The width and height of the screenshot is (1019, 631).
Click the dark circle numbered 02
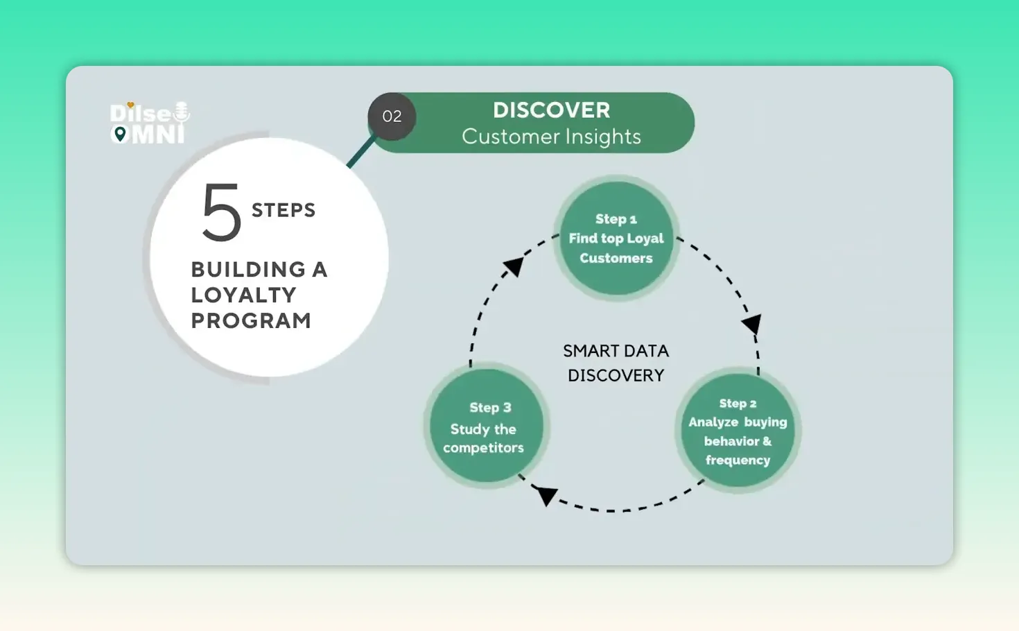point(392,116)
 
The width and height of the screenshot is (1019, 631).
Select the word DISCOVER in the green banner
point(551,110)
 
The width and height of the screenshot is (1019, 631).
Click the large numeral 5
point(222,212)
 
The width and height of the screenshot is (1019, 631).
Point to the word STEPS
point(284,210)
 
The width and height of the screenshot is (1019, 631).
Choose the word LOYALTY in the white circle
point(243,295)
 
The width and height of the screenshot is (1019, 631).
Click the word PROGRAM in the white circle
point(251,320)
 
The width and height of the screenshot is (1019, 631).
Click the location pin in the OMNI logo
point(120,135)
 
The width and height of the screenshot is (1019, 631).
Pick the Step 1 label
point(616,219)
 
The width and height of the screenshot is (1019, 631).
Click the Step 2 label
point(738,404)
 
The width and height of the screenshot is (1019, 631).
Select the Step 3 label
point(490,408)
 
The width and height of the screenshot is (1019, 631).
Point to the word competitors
point(483,448)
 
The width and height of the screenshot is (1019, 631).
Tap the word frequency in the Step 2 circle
point(738,460)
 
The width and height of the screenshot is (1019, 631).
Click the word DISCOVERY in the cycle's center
point(616,375)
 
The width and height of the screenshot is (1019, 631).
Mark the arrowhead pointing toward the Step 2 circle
point(752,323)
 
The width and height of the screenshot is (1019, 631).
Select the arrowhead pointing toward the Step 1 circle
point(514,266)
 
